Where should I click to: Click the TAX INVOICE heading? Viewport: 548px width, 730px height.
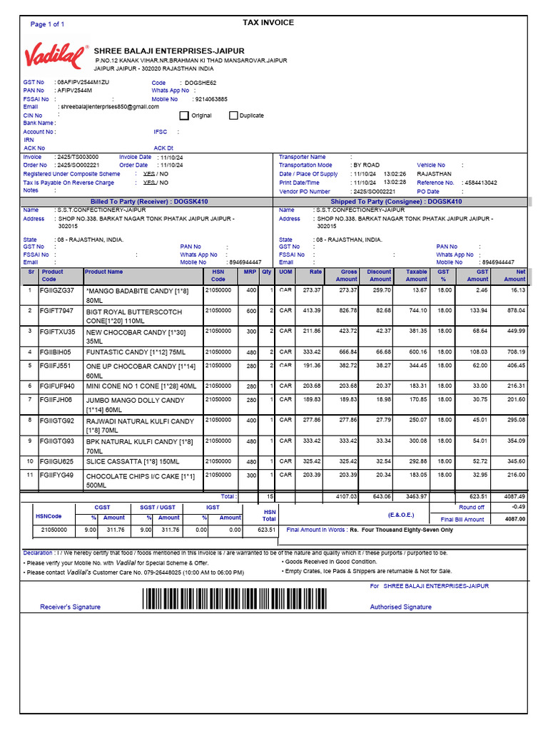268,23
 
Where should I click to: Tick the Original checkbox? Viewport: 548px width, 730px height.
184,115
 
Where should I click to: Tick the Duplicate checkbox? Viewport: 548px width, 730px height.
233,115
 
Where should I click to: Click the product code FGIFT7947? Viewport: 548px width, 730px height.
56,311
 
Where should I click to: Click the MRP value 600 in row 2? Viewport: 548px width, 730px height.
251,311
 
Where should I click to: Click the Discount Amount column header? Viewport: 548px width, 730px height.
379,275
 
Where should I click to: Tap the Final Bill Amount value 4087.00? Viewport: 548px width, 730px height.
514,520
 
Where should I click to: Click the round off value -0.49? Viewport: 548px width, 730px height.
518,507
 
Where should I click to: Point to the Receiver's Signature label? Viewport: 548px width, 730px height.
70,607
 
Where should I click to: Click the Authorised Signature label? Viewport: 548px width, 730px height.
400,607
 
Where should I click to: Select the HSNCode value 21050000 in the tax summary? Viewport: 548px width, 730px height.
54,530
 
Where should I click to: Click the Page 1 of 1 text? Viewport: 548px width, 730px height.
47,24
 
